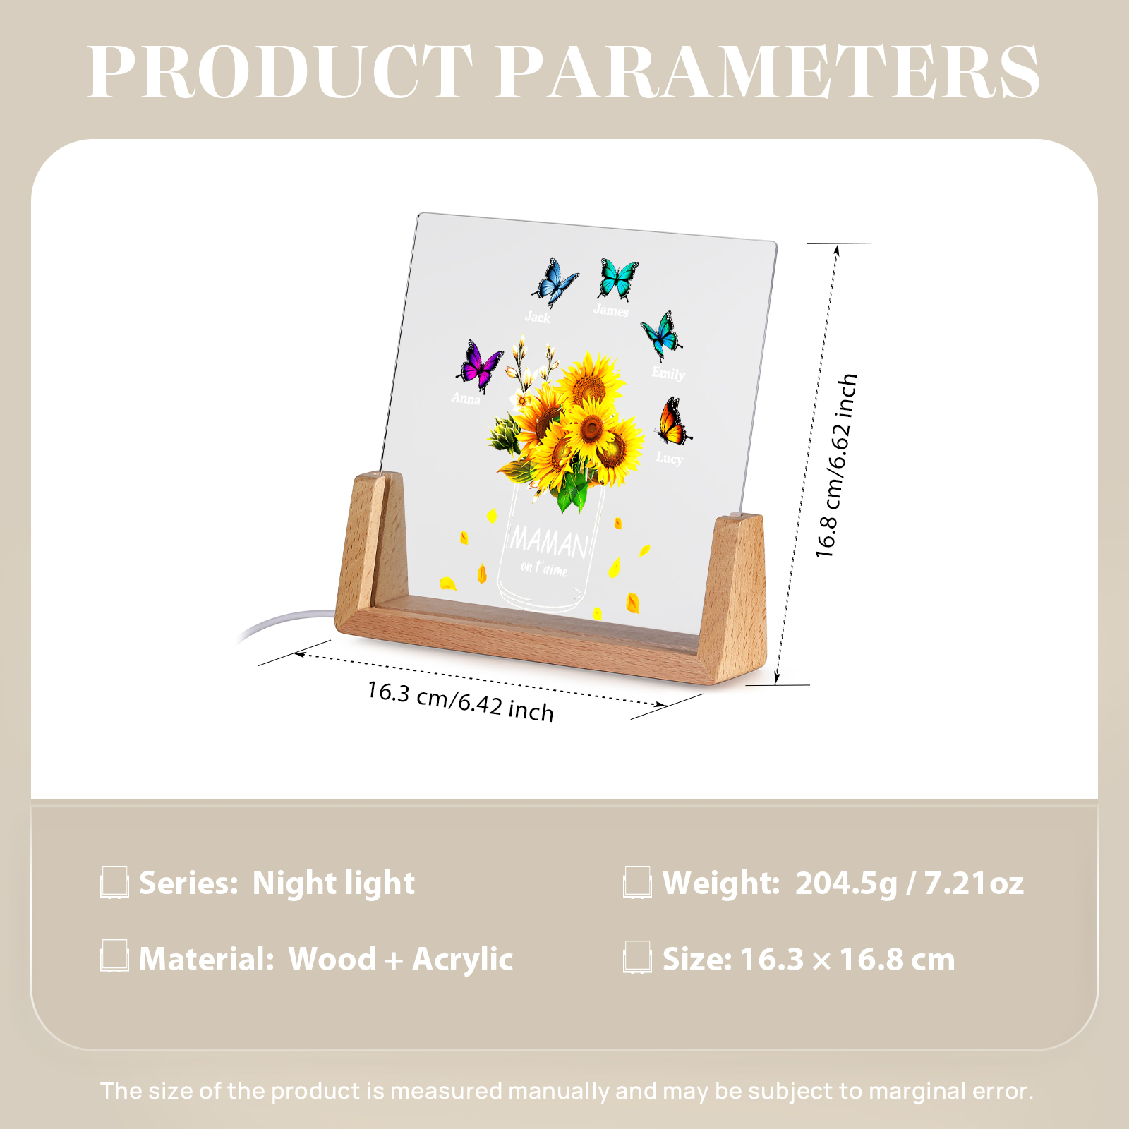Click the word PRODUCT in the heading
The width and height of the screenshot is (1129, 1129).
[x=279, y=72]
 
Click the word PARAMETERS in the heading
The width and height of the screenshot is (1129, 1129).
[x=768, y=72]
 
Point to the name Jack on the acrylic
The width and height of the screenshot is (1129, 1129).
[x=538, y=317]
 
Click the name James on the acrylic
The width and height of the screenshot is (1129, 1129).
[x=611, y=310]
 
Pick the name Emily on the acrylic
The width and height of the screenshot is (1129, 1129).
[x=668, y=373]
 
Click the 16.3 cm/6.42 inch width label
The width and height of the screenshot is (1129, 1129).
[x=460, y=701]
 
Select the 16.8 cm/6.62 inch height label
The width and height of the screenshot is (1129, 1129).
[x=836, y=466]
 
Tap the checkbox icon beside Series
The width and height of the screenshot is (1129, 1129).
[x=114, y=883]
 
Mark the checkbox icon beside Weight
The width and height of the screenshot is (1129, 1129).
[x=637, y=883]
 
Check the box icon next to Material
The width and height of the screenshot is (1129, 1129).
[x=114, y=957]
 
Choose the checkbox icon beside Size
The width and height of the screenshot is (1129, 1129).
[x=637, y=958]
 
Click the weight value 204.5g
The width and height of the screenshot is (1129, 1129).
[x=846, y=883]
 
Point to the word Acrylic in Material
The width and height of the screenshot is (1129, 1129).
[x=462, y=959]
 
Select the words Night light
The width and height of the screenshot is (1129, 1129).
[x=334, y=883]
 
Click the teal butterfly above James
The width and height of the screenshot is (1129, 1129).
[x=619, y=278]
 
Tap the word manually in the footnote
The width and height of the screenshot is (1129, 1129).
[x=559, y=1091]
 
